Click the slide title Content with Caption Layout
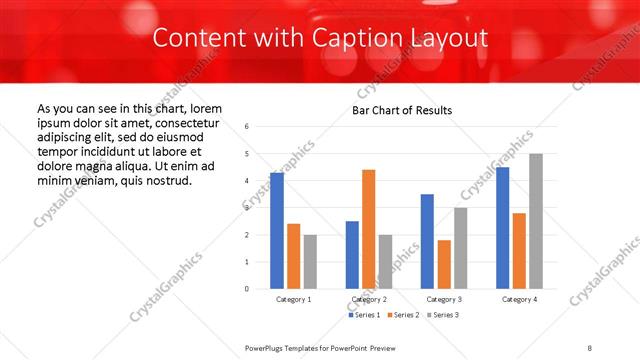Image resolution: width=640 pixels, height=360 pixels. [320, 38]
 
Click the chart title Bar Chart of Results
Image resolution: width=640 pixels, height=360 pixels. [402, 110]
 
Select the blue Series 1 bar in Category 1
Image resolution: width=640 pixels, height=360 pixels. [277, 230]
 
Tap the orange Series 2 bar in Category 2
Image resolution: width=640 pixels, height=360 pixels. [369, 229]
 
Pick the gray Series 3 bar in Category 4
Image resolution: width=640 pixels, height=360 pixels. [536, 221]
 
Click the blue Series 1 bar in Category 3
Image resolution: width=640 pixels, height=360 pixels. [427, 241]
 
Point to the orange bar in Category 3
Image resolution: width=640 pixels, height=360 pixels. [444, 264]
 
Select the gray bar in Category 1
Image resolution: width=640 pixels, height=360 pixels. [310, 261]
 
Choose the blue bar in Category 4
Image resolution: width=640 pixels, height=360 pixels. [502, 227]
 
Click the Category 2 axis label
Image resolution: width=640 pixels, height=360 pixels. [369, 299]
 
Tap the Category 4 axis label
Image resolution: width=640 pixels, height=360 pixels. [519, 299]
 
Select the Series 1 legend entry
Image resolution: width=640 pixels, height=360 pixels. [363, 315]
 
